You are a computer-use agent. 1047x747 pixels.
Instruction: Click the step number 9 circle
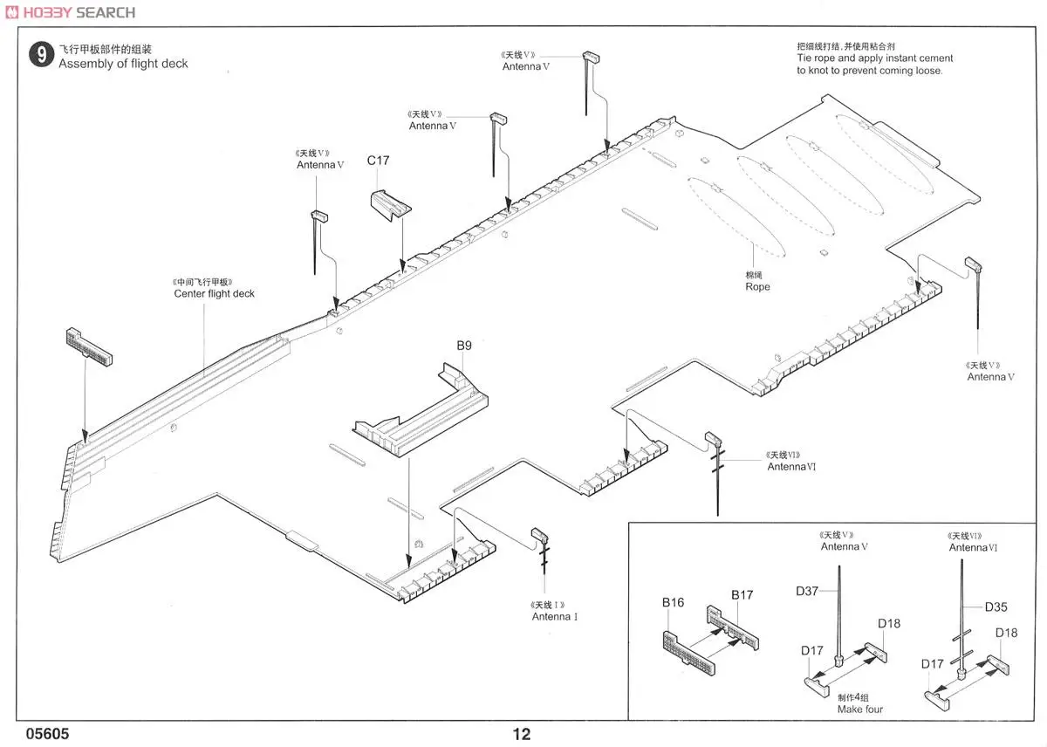point(40,56)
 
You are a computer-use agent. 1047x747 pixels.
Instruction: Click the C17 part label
point(378,161)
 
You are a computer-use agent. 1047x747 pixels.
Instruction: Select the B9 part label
point(464,346)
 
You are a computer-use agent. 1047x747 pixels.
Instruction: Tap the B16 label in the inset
point(673,602)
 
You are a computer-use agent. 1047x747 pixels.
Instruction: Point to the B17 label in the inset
point(742,595)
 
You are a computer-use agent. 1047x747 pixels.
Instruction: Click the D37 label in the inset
point(806,592)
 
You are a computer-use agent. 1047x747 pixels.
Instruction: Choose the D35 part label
point(996,607)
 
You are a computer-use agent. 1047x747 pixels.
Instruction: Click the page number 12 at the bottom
point(521,735)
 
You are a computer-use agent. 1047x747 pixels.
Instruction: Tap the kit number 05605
point(48,735)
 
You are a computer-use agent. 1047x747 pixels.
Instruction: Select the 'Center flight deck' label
point(214,294)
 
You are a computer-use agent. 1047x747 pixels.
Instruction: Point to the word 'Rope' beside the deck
point(757,286)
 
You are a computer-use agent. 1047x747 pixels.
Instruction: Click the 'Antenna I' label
point(554,617)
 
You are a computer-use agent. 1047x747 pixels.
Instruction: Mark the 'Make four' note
point(859,709)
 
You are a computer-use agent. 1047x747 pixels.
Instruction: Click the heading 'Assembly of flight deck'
point(123,64)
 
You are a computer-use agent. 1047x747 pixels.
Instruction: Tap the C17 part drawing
point(389,206)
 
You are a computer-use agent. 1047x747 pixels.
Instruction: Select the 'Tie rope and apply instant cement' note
point(874,58)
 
